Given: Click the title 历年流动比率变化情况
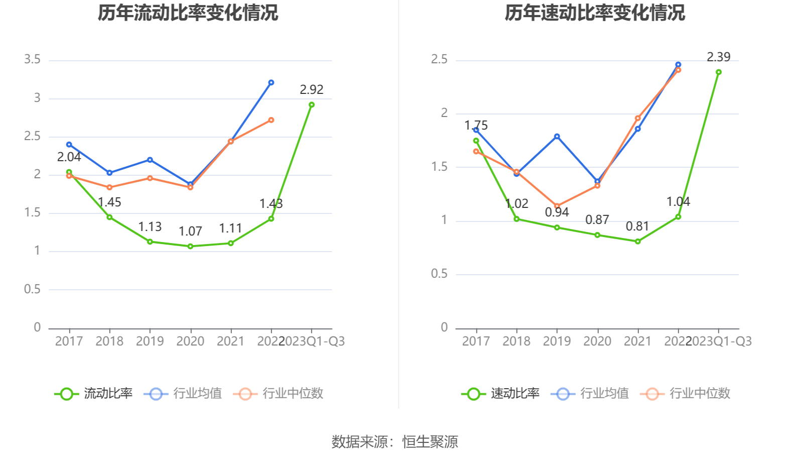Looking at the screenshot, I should pyautogui.click(x=188, y=13).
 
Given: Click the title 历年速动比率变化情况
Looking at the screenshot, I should pyautogui.click(x=595, y=13).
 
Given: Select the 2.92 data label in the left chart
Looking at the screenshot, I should pyautogui.click(x=312, y=90).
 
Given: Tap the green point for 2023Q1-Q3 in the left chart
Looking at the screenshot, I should pyautogui.click(x=312, y=105).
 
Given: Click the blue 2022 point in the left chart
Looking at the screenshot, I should pyautogui.click(x=271, y=82).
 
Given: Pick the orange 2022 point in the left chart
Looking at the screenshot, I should pyautogui.click(x=271, y=120).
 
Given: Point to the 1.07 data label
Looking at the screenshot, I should pyautogui.click(x=190, y=232).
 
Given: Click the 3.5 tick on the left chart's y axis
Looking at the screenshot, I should pyautogui.click(x=32, y=60).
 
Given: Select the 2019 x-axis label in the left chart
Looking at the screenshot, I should pyautogui.click(x=150, y=341).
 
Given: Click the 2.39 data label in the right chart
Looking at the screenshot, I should pyautogui.click(x=719, y=57).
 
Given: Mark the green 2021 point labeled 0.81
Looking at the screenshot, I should pyautogui.click(x=638, y=242).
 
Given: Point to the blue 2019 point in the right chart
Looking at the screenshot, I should pyautogui.click(x=557, y=137).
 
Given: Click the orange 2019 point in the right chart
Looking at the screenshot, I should pyautogui.click(x=557, y=206).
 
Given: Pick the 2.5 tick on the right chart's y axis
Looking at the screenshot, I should pyautogui.click(x=439, y=60).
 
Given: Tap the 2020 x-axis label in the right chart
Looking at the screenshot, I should pyautogui.click(x=597, y=341).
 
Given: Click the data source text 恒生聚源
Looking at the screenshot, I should pyautogui.click(x=430, y=442).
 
